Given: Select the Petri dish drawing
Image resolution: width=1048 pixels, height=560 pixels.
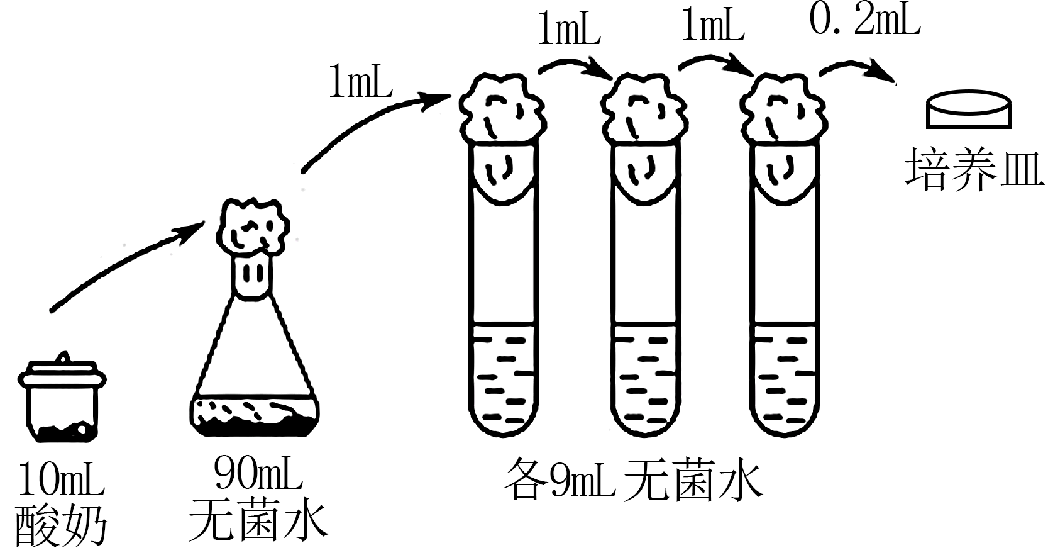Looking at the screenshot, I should point(969,111).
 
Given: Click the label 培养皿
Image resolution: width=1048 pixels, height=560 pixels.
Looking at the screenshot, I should point(974,169).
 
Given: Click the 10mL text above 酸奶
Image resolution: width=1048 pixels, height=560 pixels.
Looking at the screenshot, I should point(61,479).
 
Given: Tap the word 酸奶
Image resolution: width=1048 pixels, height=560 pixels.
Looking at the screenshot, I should point(61,525).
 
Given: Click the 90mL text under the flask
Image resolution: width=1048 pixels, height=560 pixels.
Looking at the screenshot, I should point(258,473).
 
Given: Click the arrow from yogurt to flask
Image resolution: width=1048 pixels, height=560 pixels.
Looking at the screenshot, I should point(126,264).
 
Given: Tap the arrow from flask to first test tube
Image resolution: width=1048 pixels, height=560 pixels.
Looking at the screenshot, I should point(371,123).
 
